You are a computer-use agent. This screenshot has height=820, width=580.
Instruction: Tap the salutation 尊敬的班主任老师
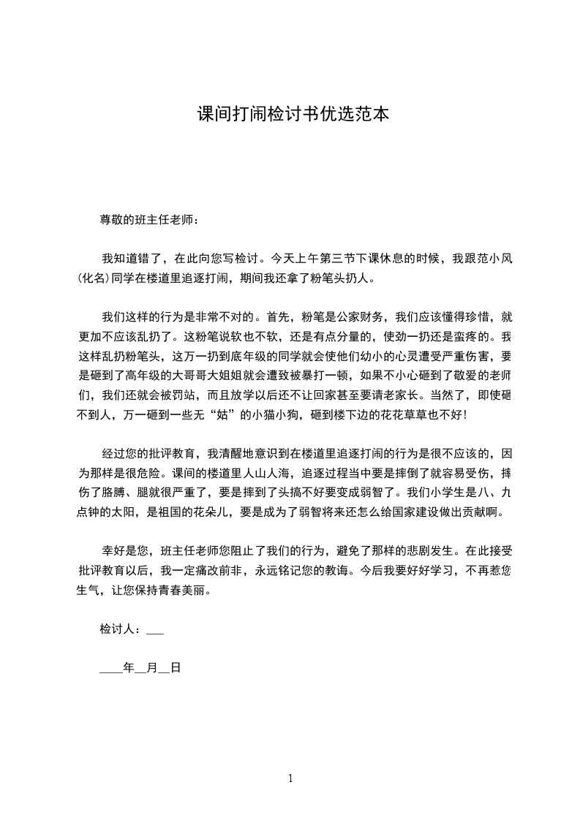(x=147, y=220)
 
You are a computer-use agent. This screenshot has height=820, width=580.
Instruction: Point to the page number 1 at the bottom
(x=290, y=778)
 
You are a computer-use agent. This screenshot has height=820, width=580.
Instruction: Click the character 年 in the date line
(x=129, y=667)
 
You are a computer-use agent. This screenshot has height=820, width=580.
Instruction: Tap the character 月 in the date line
(x=152, y=667)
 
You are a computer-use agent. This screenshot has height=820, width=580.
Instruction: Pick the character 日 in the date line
(x=175, y=667)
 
